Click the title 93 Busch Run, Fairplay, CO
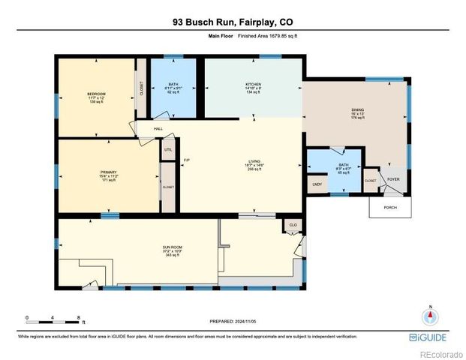click(x=233, y=23)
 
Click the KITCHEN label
click(x=253, y=85)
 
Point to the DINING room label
click(x=358, y=110)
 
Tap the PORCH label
click(x=389, y=208)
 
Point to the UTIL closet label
click(x=168, y=150)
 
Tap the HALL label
click(x=158, y=129)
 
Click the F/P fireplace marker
click(x=186, y=160)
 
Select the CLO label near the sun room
click(x=293, y=225)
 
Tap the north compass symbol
click(x=430, y=316)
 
